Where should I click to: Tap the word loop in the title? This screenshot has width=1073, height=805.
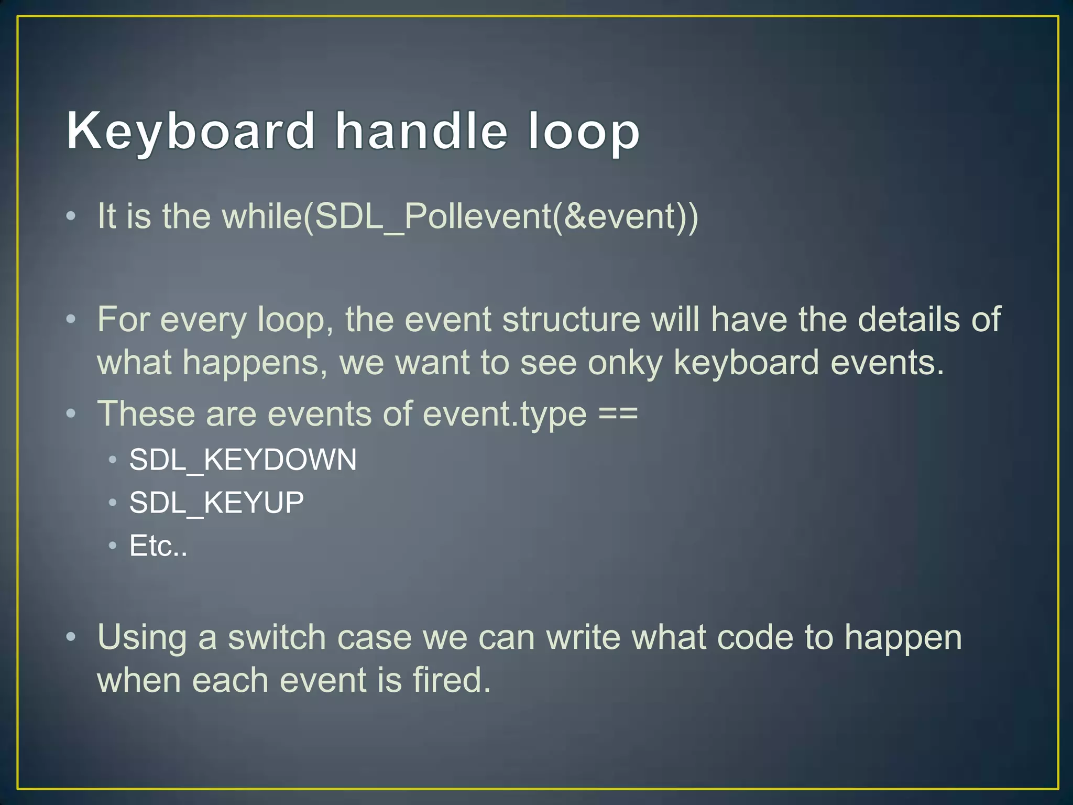583,131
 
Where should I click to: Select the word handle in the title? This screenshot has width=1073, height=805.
421,131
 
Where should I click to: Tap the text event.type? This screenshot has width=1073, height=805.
505,414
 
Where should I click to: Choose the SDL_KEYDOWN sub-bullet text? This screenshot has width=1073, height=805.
243,460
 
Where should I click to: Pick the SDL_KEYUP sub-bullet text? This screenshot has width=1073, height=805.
216,503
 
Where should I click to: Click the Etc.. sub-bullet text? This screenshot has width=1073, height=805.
158,546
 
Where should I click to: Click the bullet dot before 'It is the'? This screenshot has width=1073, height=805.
71,216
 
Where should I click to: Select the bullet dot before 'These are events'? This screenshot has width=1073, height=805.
71,415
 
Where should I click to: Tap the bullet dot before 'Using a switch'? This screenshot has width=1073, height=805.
71,638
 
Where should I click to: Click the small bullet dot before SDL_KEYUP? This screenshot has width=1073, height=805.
112,503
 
